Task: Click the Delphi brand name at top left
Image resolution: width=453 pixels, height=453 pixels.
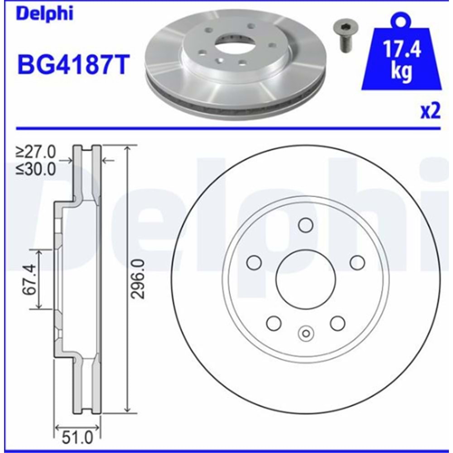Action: click(x=45, y=14)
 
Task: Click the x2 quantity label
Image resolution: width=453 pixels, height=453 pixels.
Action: click(x=430, y=111)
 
